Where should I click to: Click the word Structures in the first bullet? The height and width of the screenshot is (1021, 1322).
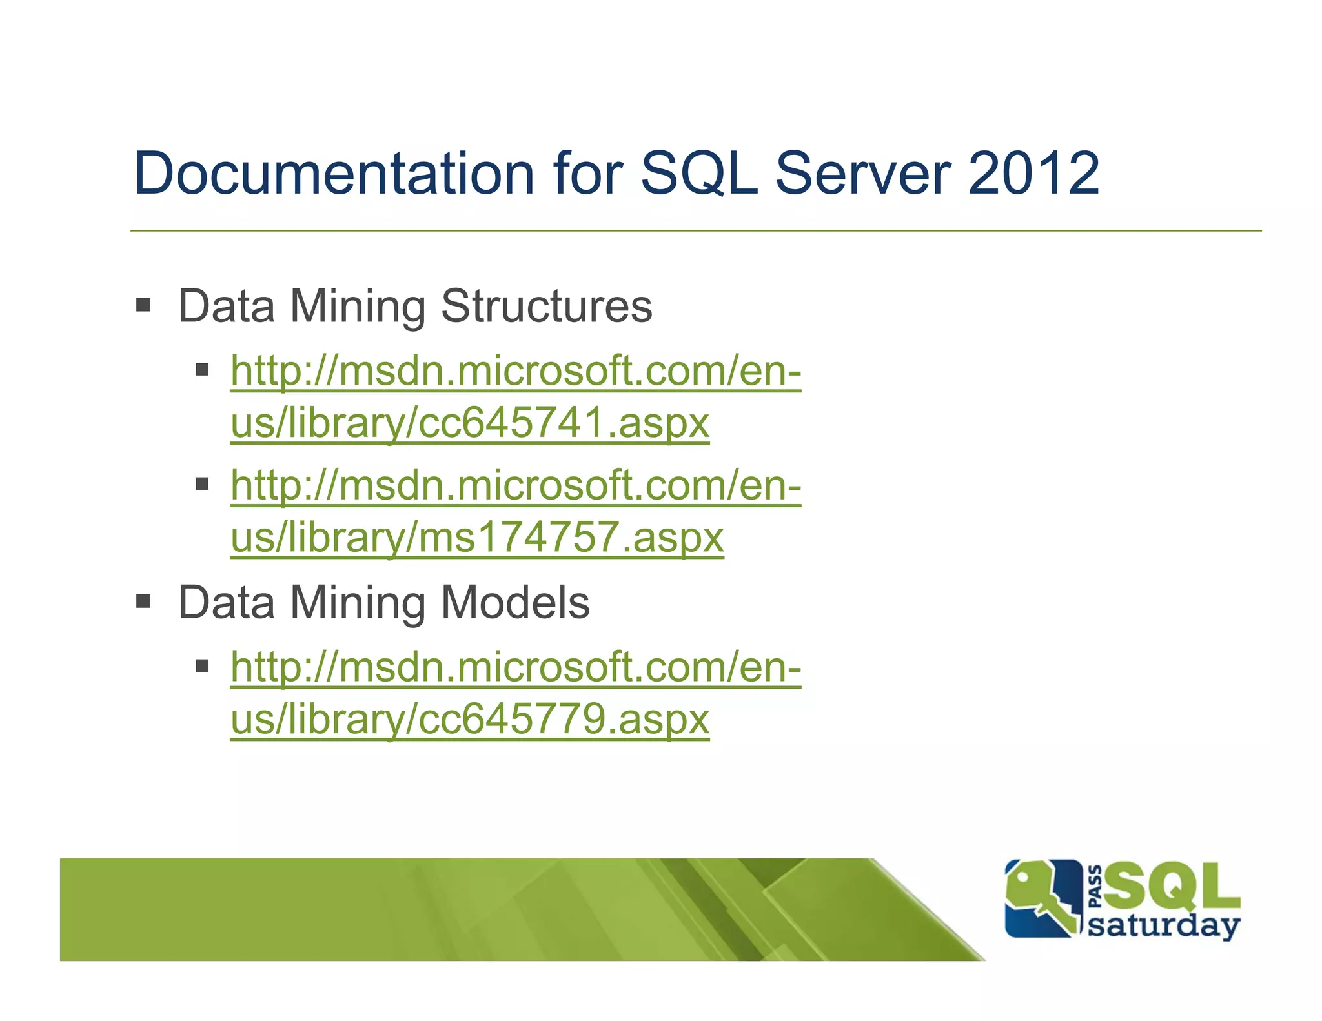(546, 306)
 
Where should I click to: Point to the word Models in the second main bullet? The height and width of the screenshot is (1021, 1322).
(514, 602)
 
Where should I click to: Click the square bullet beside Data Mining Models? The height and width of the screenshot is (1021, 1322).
(143, 601)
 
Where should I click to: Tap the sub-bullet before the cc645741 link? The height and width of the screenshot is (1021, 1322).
(203, 370)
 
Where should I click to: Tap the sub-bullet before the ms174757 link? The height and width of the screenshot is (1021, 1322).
(203, 483)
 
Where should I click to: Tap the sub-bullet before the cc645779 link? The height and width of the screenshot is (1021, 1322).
(203, 665)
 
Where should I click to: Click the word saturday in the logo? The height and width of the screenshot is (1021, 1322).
(1163, 925)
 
